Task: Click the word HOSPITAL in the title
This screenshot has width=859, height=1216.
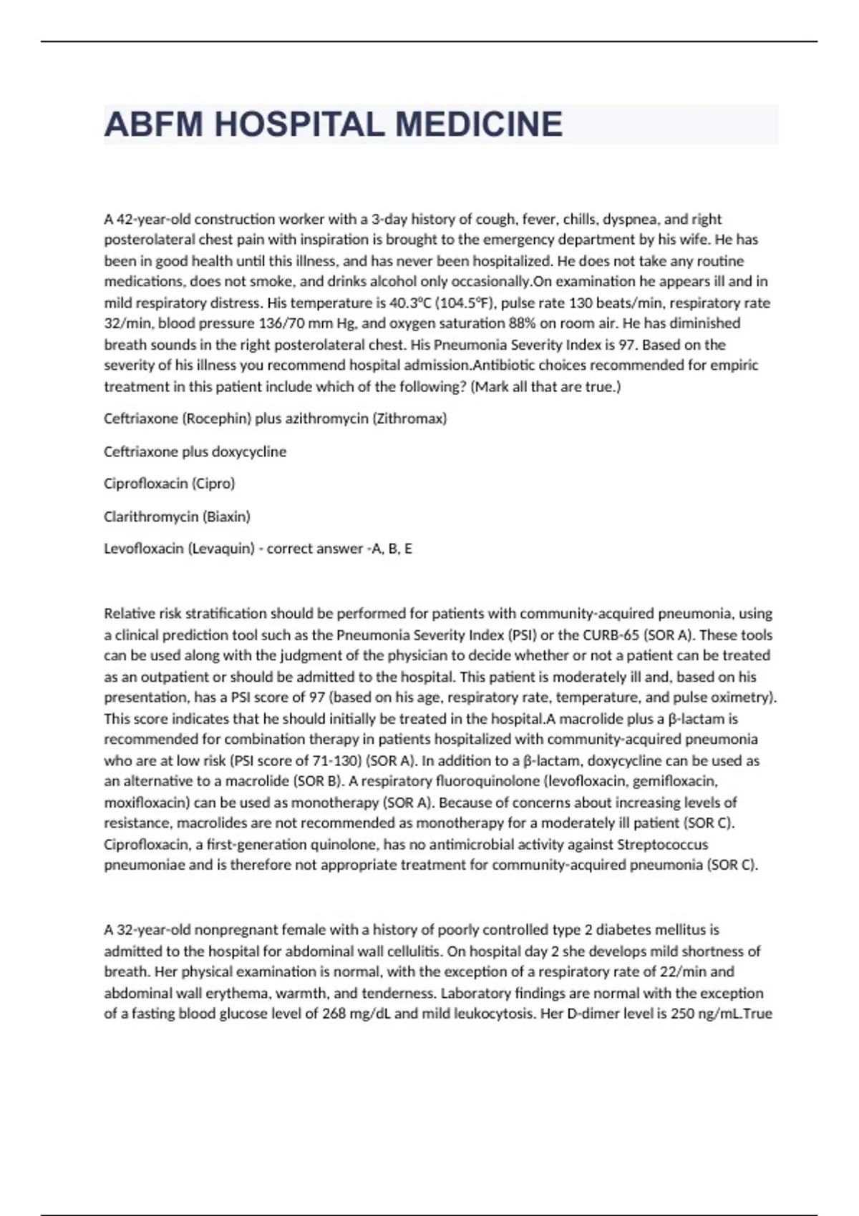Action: click(x=300, y=124)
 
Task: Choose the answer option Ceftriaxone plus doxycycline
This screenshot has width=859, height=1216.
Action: click(x=195, y=451)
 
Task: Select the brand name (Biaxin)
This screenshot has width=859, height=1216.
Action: click(x=226, y=516)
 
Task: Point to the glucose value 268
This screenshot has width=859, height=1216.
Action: click(x=326, y=1014)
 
